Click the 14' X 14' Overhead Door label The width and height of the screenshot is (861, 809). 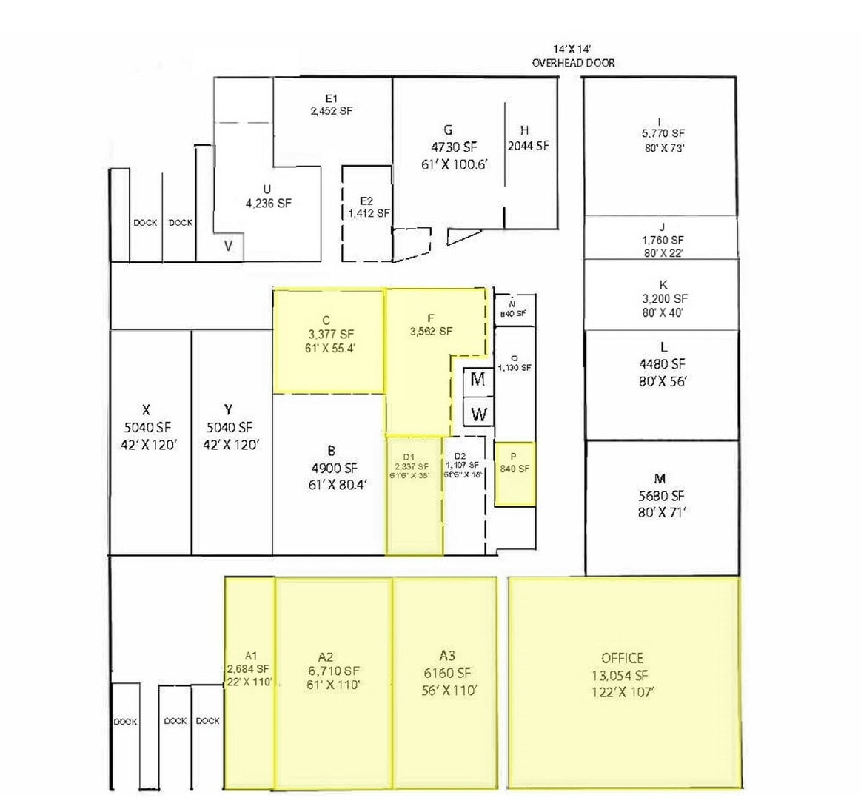click(x=573, y=56)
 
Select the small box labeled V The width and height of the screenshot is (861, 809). click(x=228, y=246)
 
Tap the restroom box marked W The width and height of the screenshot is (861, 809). click(x=478, y=414)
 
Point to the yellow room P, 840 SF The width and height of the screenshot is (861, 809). click(x=515, y=474)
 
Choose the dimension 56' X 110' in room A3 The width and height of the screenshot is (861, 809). click(x=448, y=691)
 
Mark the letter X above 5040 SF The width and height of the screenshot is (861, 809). click(x=147, y=410)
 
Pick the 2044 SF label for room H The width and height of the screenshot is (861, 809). click(x=528, y=146)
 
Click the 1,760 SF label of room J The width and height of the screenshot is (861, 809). click(x=662, y=240)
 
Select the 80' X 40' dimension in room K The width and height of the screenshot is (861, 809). click(x=662, y=312)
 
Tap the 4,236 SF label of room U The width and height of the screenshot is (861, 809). click(x=268, y=203)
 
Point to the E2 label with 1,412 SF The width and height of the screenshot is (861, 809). click(x=367, y=207)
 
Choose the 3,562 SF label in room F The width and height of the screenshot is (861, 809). click(x=431, y=332)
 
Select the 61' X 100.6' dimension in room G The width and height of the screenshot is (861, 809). click(x=455, y=164)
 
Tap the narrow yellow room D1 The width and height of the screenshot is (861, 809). click(x=414, y=503)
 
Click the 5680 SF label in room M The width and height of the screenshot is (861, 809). click(x=661, y=496)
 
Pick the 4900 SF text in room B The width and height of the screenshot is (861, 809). click(x=335, y=468)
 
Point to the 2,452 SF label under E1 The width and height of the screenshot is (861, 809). click(x=331, y=111)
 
